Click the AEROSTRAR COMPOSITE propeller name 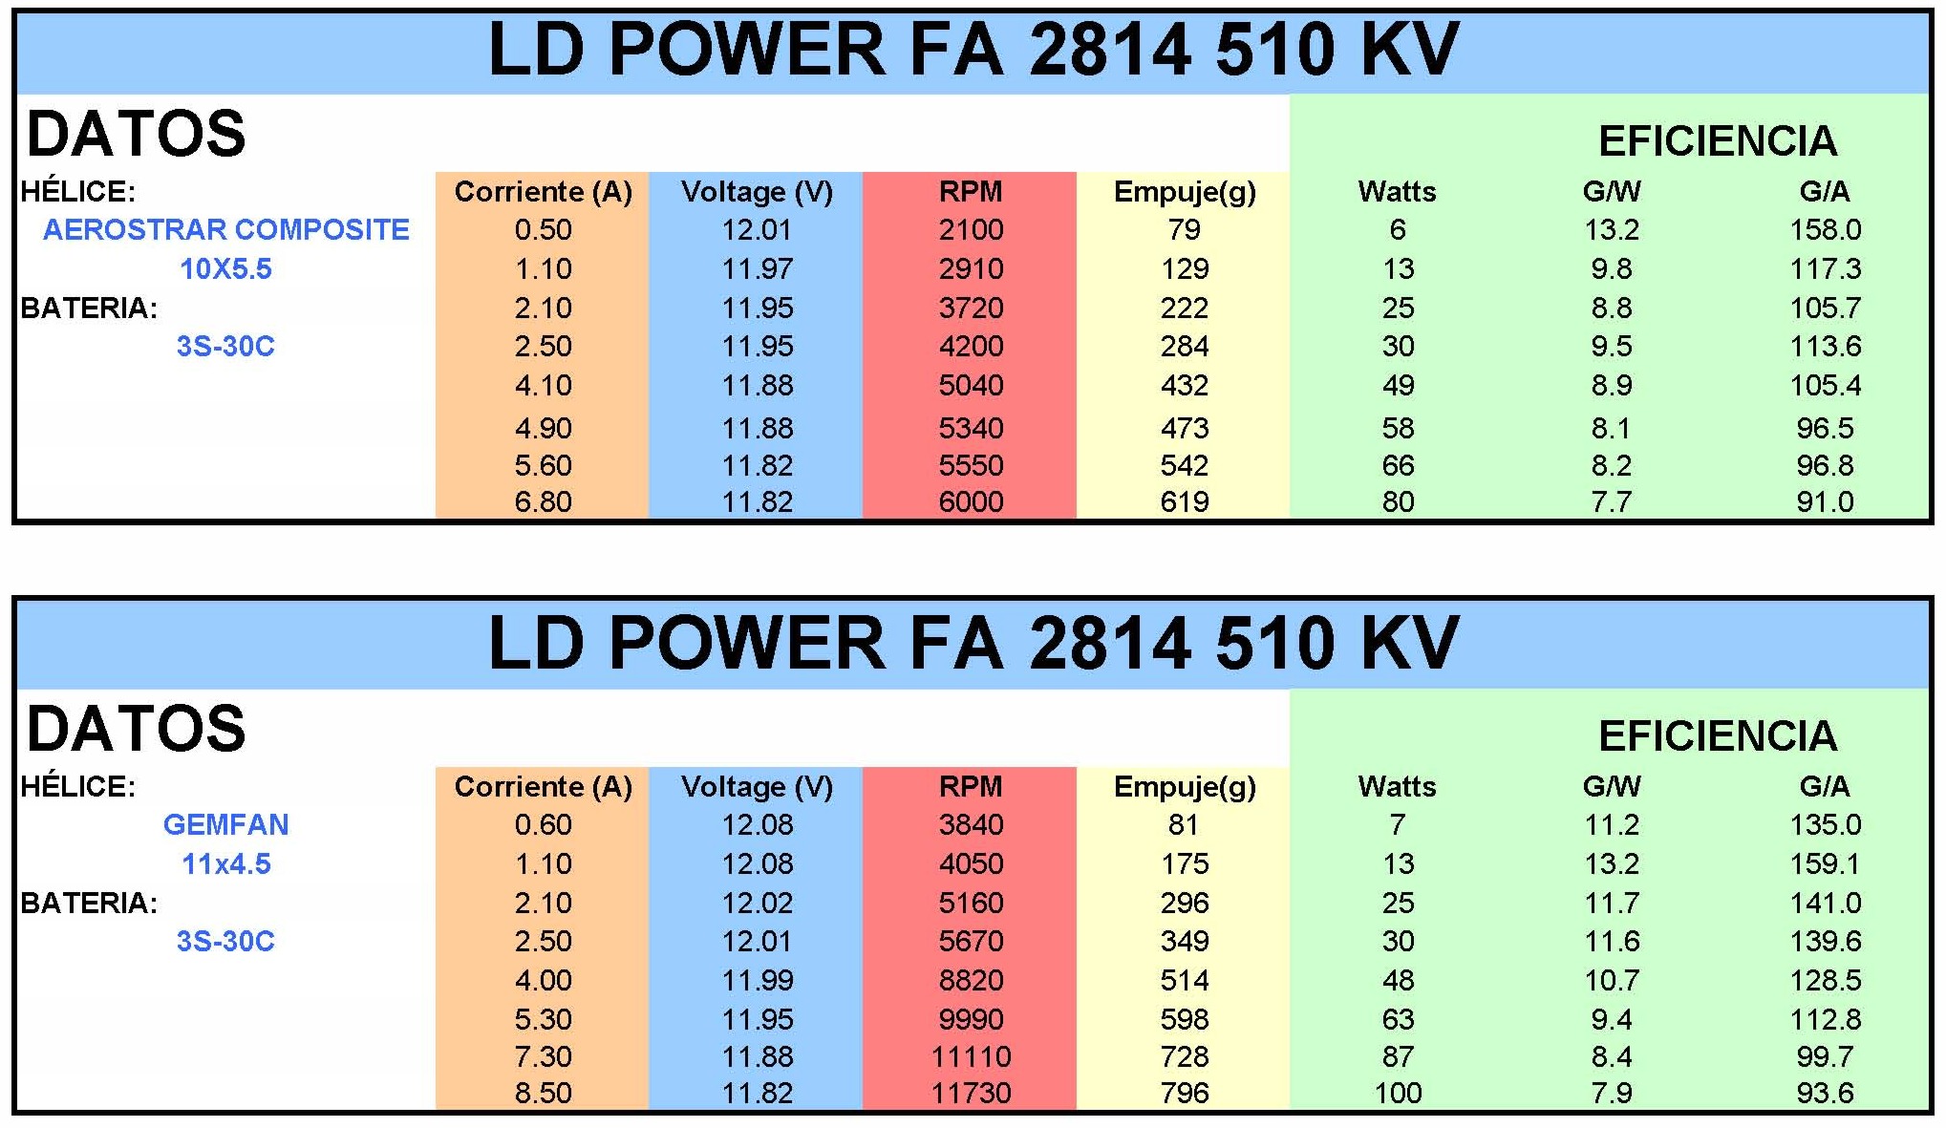[x=226, y=230]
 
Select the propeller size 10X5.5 [x=226, y=269]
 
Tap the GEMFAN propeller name [x=226, y=825]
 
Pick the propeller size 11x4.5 [x=226, y=864]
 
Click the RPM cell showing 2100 [x=971, y=230]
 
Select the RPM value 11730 [x=971, y=1093]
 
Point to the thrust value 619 [x=1185, y=501]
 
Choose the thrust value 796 [x=1185, y=1093]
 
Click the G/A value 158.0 [x=1825, y=230]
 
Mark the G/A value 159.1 [x=1825, y=864]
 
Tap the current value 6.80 [x=543, y=501]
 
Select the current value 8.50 [x=543, y=1093]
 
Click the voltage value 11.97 [x=757, y=269]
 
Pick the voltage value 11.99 [x=757, y=981]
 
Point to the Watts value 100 [x=1398, y=1093]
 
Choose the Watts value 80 [x=1398, y=501]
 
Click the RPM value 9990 [x=971, y=1019]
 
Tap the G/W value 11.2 [x=1612, y=825]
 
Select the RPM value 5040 [x=971, y=386]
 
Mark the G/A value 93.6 [x=1825, y=1093]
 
